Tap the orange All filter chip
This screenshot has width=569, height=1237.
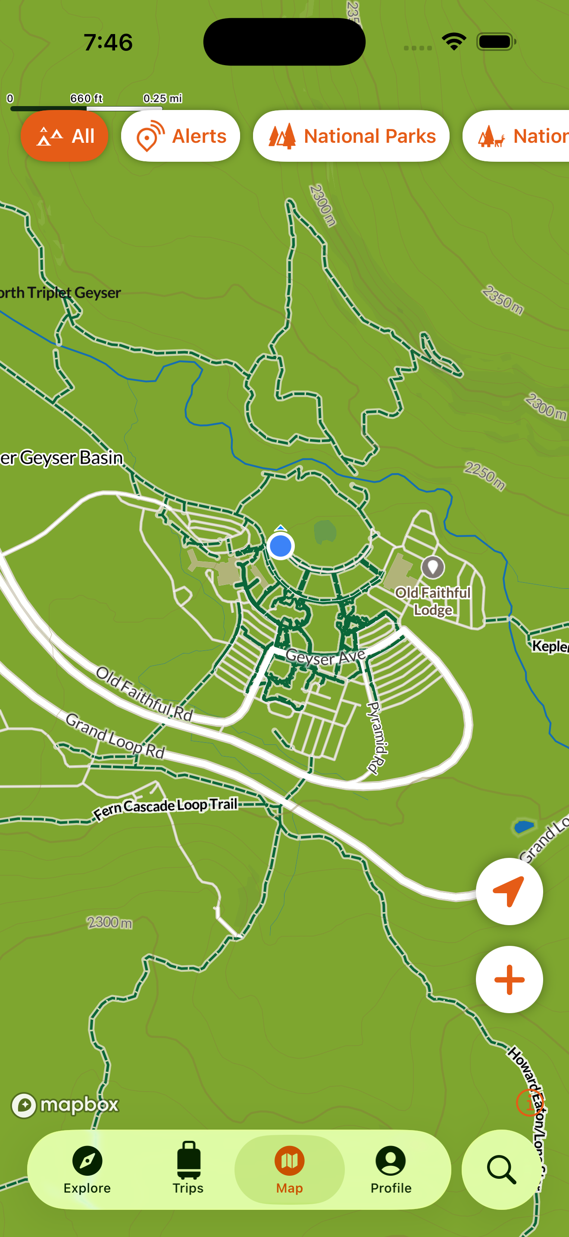coord(64,136)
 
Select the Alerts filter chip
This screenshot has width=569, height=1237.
coord(180,136)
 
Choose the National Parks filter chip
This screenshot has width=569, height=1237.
coord(351,136)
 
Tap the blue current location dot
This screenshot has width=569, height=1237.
coord(280,546)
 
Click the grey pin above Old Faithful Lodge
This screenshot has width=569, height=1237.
coord(433,567)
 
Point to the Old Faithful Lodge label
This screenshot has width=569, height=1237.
coord(433,601)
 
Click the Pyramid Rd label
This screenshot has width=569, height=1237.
coord(378,738)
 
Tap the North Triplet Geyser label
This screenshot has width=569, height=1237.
coord(60,292)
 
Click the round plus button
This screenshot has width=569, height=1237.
coord(509,980)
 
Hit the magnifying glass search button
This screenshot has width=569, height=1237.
coord(501,1170)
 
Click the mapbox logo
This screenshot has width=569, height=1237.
coord(65,1105)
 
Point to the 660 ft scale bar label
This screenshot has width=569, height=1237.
coord(86,98)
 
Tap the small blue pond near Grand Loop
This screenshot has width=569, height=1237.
coord(523,826)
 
